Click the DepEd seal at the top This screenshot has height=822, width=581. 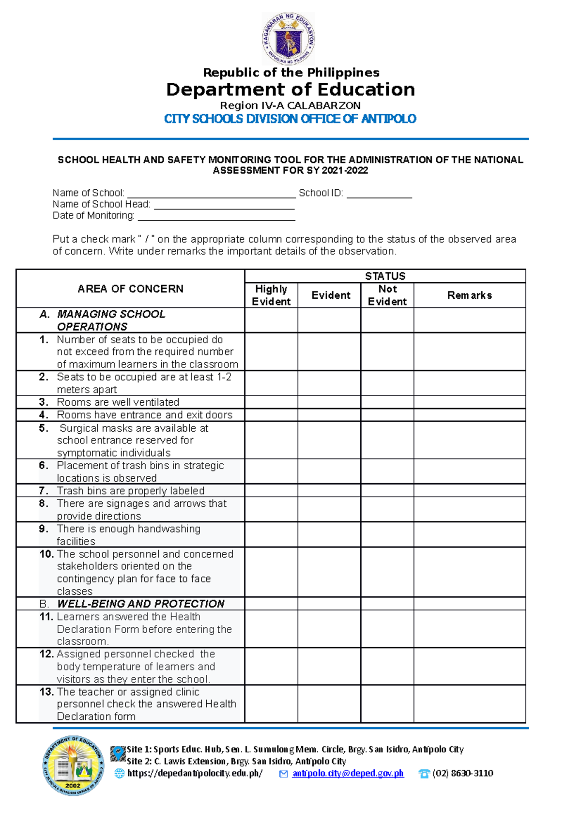pos(289,38)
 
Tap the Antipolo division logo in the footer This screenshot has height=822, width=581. pos(73,766)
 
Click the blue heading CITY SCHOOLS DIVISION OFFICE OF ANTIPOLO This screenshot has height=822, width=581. pos(290,119)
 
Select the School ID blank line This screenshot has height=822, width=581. pos(379,196)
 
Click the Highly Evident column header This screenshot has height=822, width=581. pos(271,295)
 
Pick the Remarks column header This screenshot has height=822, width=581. pos(469,295)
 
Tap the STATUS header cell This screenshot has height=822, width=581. pos(385,276)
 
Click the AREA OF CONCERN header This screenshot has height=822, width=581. pos(130,289)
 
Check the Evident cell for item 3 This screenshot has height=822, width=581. pos(329,402)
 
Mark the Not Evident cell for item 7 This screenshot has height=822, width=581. pos(387,490)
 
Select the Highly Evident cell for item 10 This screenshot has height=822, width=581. pos(271,572)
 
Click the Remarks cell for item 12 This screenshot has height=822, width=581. pos(469,666)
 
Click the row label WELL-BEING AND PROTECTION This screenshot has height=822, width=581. pos(140,604)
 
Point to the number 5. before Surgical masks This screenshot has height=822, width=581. pos(44,428)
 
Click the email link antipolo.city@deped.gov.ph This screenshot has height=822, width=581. pos(348,774)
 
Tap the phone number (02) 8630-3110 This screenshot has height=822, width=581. pos(462,774)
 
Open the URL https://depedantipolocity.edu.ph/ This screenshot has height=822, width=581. pos(195,774)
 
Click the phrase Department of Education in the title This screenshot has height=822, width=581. pos(290,90)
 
